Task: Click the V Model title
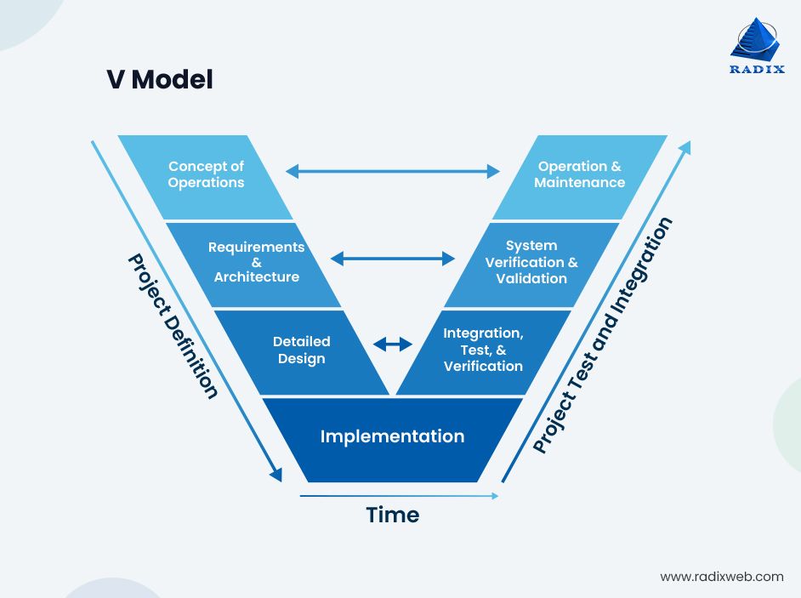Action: coord(159,80)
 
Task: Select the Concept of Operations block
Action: coord(206,175)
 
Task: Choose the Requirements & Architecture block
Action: coord(256,262)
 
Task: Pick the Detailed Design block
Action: coord(301,350)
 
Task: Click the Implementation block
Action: coord(392,437)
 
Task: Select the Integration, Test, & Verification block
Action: coord(483,350)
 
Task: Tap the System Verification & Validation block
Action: coord(531,262)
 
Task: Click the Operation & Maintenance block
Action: coord(579,175)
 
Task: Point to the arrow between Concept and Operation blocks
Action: coord(392,172)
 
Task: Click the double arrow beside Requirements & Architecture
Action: coord(392,259)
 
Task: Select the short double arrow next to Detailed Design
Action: coord(392,344)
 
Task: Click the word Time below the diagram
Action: coord(392,515)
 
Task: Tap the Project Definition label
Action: coord(173,326)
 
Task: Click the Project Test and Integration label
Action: coord(603,335)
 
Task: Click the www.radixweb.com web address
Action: coord(721,576)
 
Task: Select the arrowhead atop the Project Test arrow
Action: coord(684,146)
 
